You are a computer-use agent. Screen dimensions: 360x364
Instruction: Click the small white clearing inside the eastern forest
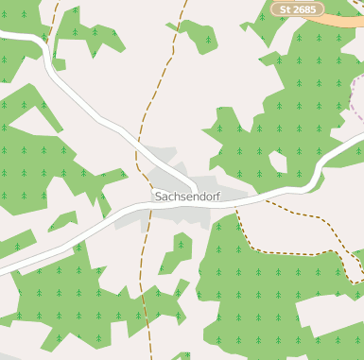click(x=277, y=161)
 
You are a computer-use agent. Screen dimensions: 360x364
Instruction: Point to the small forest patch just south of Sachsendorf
click(x=177, y=252)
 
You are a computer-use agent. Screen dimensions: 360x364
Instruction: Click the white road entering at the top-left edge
click(x=9, y=35)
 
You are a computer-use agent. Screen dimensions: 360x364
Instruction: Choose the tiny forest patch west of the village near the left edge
click(x=61, y=221)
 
